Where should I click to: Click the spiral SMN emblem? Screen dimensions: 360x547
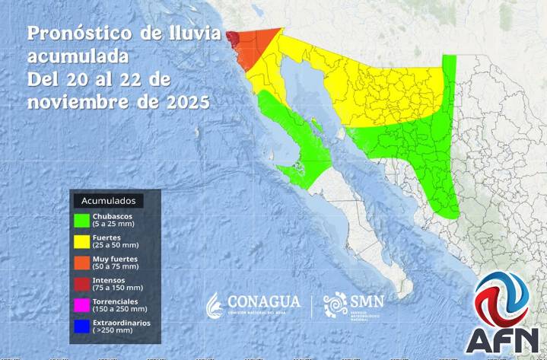(x=334, y=306)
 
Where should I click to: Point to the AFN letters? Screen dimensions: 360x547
(x=503, y=339)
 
